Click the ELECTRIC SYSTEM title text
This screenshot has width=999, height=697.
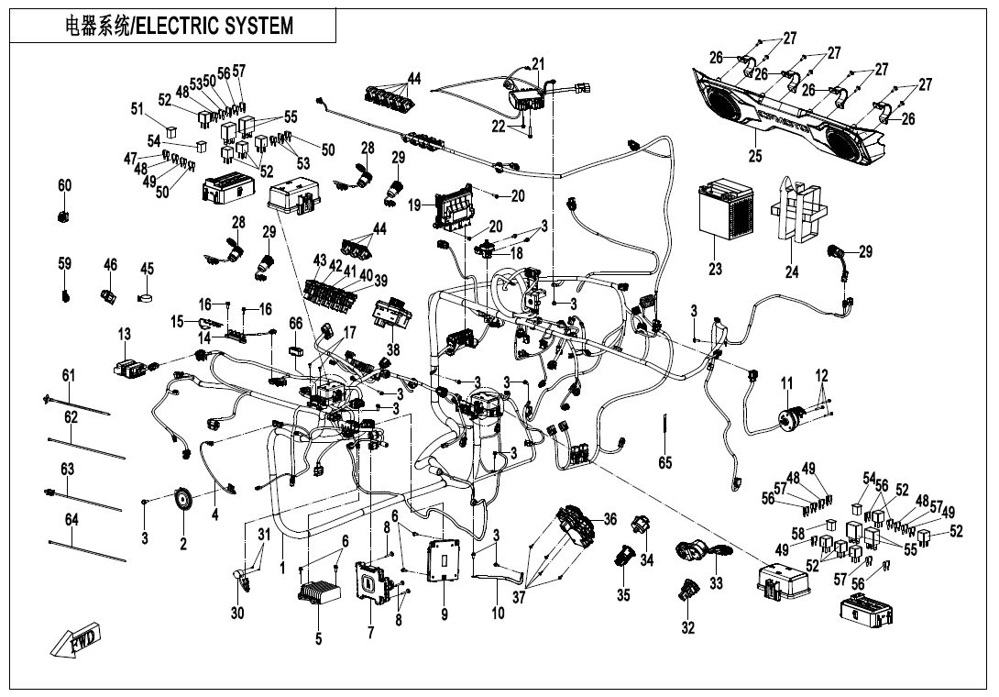tap(180, 26)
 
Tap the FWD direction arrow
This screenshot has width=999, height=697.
tap(77, 642)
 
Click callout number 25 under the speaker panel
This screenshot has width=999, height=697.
tap(754, 157)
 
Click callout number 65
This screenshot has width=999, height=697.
tap(665, 463)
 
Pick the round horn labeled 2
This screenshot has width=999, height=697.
tap(184, 500)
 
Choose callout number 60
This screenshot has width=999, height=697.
tap(64, 186)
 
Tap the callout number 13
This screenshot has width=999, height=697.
tap(124, 333)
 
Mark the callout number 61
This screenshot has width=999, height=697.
tap(69, 375)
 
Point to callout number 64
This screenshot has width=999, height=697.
tap(71, 520)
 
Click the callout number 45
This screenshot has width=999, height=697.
tap(147, 269)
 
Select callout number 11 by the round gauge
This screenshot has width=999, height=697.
tap(786, 382)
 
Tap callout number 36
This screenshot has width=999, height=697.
tap(609, 520)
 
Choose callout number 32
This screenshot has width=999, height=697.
tap(687, 628)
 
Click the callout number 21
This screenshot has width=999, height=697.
tap(538, 64)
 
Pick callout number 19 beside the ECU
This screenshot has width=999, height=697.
tap(414, 205)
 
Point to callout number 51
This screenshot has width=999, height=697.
tap(137, 109)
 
